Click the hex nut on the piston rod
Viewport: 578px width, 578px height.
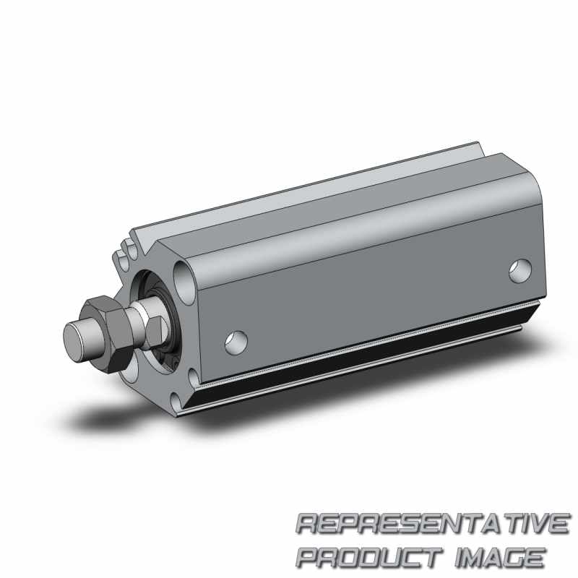108,334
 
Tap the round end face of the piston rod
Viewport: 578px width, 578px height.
74,343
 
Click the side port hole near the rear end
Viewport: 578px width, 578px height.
519,271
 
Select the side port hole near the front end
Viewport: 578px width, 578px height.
236,342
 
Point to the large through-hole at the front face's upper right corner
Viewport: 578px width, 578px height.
184,282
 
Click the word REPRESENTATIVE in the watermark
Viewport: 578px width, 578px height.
432,523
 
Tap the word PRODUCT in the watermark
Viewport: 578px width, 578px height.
371,557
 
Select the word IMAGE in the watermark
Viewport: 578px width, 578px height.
499,557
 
